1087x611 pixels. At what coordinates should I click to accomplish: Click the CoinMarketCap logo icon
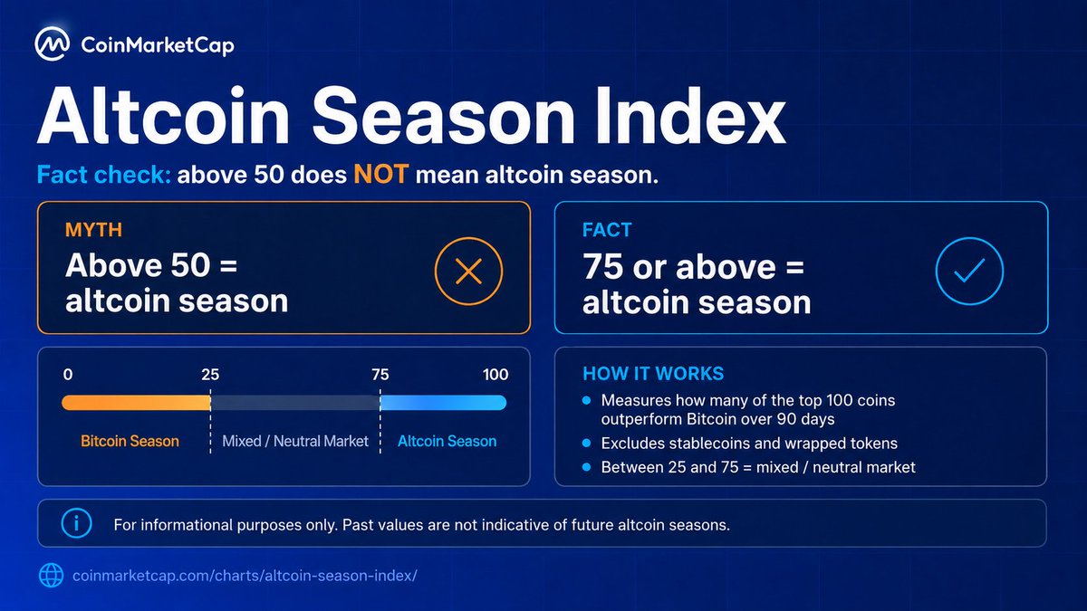pos(52,43)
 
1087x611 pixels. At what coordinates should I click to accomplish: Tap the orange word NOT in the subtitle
pos(381,174)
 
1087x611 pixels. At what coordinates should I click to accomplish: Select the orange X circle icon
pos(469,271)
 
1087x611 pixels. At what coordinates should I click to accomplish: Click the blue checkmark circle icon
pos(969,271)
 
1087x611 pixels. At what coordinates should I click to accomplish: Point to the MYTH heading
pos(93,230)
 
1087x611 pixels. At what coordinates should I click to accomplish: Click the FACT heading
pos(607,230)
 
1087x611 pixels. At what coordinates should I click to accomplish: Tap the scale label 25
pos(210,375)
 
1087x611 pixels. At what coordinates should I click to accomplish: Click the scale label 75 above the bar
pos(380,375)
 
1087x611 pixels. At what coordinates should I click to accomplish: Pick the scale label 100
pos(495,375)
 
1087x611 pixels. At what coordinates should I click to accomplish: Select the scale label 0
pos(68,375)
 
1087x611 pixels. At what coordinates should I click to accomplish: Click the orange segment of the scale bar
pos(136,403)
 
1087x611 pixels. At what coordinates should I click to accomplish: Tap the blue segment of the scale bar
pos(444,403)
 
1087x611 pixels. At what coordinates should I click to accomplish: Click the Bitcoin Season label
pos(130,441)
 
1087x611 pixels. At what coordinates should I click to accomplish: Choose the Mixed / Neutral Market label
pos(295,441)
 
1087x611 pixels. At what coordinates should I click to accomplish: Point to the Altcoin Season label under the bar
pos(447,441)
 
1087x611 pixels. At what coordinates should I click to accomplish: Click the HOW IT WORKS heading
pos(653,373)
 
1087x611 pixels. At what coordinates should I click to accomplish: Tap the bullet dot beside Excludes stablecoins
pos(587,443)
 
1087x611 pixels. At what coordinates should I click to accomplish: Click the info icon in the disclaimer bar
pos(76,523)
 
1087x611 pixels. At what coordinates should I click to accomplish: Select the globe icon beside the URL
pos(51,576)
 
